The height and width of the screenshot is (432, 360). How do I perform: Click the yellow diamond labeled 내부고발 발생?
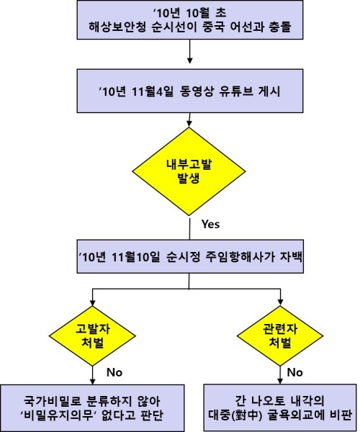point(189,171)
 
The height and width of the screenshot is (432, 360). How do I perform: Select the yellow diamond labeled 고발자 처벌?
point(92,336)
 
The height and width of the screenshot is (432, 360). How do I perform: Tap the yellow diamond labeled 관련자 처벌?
point(280,336)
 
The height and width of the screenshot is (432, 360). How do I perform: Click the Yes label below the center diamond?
point(211,224)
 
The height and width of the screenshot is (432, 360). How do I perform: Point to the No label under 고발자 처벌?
point(114,372)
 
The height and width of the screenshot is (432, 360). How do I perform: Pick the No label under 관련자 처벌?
point(295,372)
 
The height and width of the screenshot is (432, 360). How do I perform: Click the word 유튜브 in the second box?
point(236,91)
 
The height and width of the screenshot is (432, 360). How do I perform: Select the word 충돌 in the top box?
point(281,27)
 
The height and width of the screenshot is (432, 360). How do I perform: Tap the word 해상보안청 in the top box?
point(117,27)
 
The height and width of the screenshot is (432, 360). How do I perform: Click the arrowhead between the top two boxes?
point(189,60)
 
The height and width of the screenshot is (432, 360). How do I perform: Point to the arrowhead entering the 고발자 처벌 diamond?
point(93,302)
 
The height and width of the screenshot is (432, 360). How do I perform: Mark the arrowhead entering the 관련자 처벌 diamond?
point(280,302)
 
